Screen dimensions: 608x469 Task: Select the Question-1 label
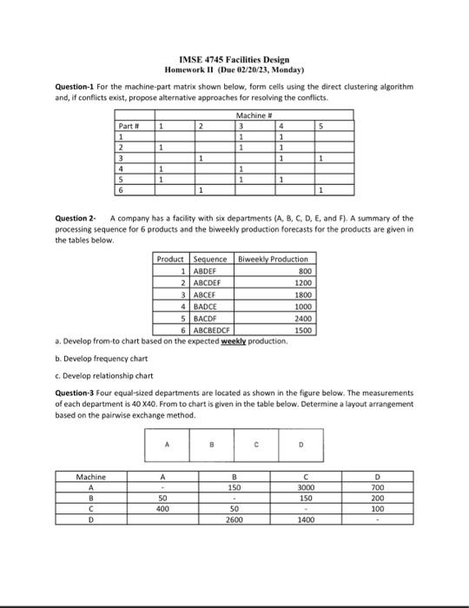pos(59,87)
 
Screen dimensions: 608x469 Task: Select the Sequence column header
pos(209,259)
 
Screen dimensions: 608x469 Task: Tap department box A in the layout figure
pos(168,449)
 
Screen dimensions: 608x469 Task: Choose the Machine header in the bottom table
pos(90,476)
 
